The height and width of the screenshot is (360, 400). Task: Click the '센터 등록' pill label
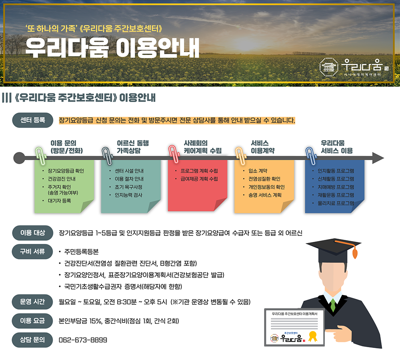[33, 120]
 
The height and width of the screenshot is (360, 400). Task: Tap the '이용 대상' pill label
[33, 233]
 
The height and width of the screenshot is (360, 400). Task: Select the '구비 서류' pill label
[32, 252]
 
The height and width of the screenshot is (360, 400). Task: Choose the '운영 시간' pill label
[32, 302]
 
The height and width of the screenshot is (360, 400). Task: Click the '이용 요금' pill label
[32, 321]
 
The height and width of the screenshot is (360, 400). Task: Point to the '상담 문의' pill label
[32, 340]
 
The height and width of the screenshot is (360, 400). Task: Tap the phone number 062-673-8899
[83, 340]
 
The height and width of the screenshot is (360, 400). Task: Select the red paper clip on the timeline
[174, 154]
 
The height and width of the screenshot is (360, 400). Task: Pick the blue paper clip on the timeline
[311, 156]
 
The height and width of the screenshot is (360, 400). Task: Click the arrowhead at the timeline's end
[378, 158]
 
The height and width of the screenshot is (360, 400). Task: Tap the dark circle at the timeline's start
[19, 158]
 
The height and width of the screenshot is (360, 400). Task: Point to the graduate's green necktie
[333, 305]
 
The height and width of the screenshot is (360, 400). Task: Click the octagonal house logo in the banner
[329, 67]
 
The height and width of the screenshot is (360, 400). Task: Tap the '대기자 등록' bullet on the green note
[60, 201]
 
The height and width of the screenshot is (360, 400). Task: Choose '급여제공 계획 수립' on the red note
[199, 179]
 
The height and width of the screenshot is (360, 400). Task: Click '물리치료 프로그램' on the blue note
[336, 203]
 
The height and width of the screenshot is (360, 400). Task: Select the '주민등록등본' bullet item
[81, 252]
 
